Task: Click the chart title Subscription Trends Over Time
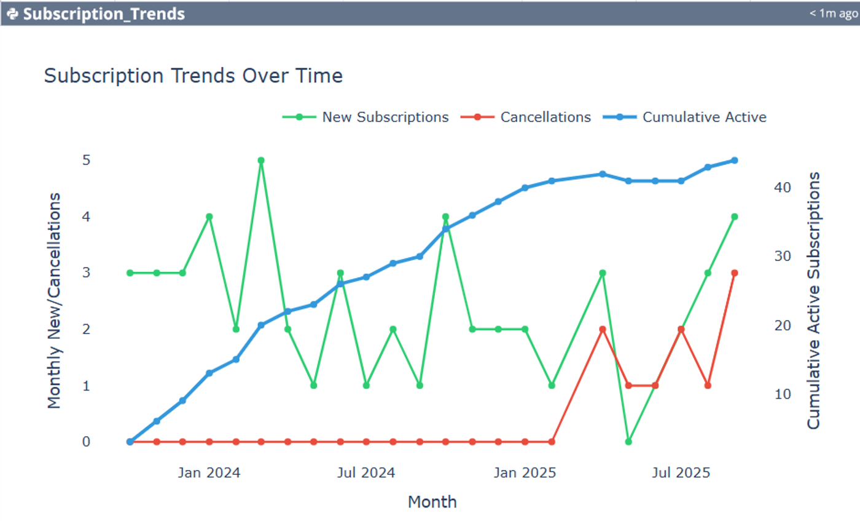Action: click(x=193, y=76)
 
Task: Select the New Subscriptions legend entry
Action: click(x=365, y=117)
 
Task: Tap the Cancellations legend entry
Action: click(x=526, y=117)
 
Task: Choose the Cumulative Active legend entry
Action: click(x=684, y=117)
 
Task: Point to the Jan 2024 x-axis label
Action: click(x=209, y=472)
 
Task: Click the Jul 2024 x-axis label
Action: click(x=366, y=472)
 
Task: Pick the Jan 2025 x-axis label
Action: click(x=525, y=472)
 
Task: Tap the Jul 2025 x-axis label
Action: click(x=681, y=472)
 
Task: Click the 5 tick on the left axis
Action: click(x=86, y=160)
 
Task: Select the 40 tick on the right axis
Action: click(x=783, y=187)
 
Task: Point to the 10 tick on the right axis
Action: click(x=783, y=394)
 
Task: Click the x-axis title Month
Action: click(x=432, y=502)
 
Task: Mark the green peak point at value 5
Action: click(x=261, y=161)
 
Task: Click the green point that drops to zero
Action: click(x=628, y=442)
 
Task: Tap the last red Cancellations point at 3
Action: click(x=735, y=273)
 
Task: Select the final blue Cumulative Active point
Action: click(x=735, y=161)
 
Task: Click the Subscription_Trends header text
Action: click(x=104, y=14)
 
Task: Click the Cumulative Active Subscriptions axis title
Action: click(x=813, y=300)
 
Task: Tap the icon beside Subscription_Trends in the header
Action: click(x=13, y=14)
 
